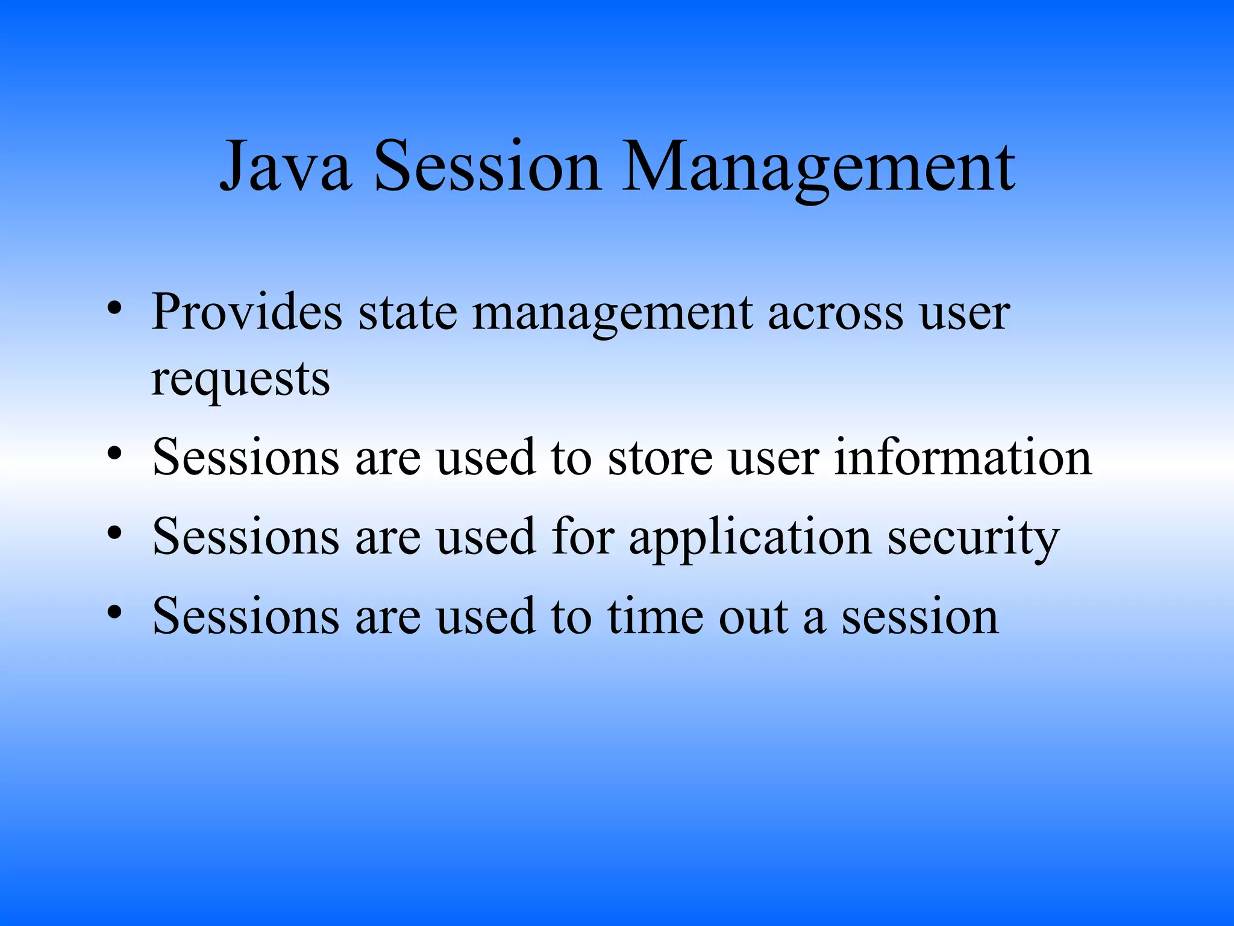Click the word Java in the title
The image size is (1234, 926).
(285, 166)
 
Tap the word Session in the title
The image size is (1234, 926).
(487, 166)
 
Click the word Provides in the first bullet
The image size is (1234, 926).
(246, 312)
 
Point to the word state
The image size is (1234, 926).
(408, 312)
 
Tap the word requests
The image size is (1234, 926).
(240, 380)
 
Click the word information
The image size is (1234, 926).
(963, 457)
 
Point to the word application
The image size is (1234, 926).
(750, 538)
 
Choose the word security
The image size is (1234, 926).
(973, 538)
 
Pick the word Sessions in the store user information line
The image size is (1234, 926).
(246, 457)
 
